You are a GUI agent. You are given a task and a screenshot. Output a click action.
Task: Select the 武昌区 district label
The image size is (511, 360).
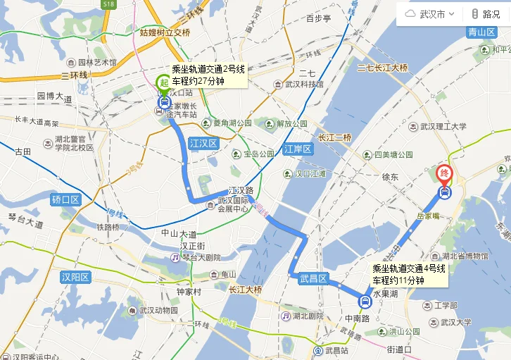pos(313,279)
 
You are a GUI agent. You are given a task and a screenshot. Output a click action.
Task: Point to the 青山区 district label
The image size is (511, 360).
pos(481,32)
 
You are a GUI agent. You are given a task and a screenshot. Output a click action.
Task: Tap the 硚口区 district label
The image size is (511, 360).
pos(67,200)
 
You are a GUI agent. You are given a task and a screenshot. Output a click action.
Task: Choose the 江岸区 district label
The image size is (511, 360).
pos(298,149)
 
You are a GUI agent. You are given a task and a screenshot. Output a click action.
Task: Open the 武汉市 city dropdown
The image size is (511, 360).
pos(431,14)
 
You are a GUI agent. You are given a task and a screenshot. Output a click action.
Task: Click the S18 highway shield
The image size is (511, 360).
pos(108,4)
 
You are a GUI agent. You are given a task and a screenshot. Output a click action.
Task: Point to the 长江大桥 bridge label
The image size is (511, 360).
pos(245,290)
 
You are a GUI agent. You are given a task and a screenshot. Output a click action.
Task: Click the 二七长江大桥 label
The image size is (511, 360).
pos(382,68)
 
